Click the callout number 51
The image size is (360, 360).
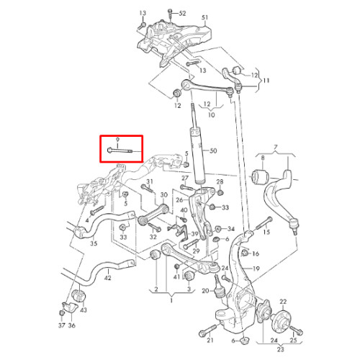204,17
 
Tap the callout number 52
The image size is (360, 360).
182,13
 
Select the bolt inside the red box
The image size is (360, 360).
120,150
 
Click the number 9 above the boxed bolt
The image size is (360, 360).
117,140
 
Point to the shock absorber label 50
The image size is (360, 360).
213,150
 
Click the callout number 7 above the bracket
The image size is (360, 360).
276,147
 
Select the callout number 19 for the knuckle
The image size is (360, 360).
256,269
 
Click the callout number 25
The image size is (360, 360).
293,340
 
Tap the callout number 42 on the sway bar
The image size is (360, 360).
107,278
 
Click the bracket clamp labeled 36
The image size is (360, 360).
70,307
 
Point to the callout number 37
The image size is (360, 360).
62,325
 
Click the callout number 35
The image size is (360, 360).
94,243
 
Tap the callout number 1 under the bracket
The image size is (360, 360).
171,300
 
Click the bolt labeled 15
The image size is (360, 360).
264,223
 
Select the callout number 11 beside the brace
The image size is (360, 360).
266,80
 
